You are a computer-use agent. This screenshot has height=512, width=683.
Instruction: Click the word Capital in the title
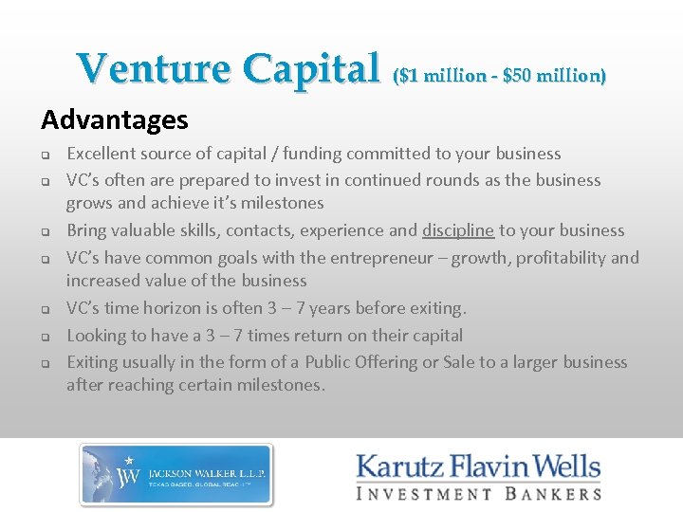pyautogui.click(x=309, y=69)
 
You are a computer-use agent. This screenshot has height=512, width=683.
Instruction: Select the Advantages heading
pyautogui.click(x=115, y=120)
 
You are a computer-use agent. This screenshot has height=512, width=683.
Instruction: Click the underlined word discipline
pyautogui.click(x=458, y=230)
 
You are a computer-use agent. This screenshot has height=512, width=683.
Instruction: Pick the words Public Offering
pyautogui.click(x=360, y=362)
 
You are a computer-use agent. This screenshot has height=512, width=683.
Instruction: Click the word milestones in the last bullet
pyautogui.click(x=282, y=385)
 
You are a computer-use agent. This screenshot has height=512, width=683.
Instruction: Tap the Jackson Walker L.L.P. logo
pyautogui.click(x=175, y=473)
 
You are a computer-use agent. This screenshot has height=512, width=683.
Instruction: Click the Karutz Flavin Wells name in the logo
pyautogui.click(x=478, y=467)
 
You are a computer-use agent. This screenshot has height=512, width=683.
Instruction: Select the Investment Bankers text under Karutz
pyautogui.click(x=478, y=493)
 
